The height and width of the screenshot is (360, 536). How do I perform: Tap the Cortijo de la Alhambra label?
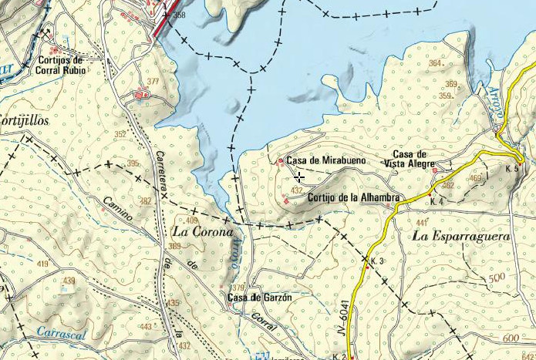click(352, 197)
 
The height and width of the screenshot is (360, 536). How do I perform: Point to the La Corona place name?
click(202, 231)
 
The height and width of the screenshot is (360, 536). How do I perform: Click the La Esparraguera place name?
click(461, 236)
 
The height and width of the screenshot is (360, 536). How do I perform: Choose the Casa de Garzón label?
click(259, 298)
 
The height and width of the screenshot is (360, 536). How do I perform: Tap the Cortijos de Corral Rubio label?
click(59, 65)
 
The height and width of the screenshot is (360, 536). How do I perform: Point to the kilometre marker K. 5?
click(512, 168)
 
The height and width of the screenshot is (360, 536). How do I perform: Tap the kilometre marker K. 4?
click(437, 202)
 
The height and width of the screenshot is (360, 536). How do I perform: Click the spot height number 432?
click(296, 190)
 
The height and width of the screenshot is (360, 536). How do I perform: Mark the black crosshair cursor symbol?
click(298, 177)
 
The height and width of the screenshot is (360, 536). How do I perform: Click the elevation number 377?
click(152, 81)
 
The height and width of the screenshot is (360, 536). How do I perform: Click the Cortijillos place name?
click(24, 121)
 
